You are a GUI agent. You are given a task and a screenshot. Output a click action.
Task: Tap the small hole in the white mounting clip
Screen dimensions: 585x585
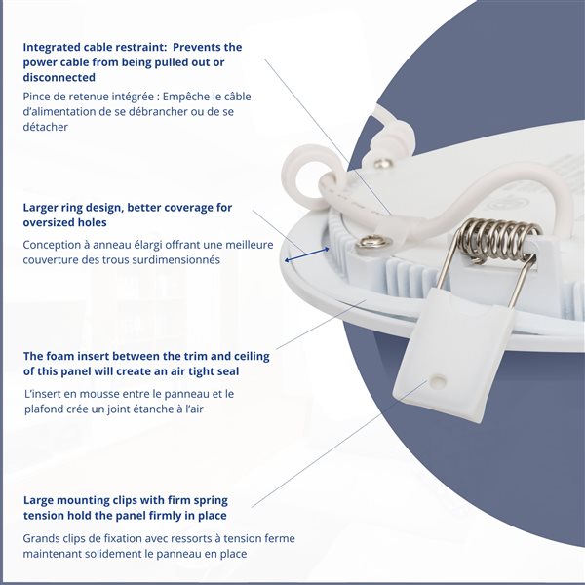[436, 381]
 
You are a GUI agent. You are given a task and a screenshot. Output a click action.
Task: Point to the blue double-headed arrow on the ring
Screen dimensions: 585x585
[307, 254]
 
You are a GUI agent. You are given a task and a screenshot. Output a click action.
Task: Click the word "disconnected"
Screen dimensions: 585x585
[58, 77]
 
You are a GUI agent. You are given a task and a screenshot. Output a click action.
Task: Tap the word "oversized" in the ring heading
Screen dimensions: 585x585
[50, 222]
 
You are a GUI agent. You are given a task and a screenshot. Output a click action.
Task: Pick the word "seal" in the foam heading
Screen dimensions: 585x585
[226, 371]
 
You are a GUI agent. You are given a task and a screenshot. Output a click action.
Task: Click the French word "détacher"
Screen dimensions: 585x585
[45, 127]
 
